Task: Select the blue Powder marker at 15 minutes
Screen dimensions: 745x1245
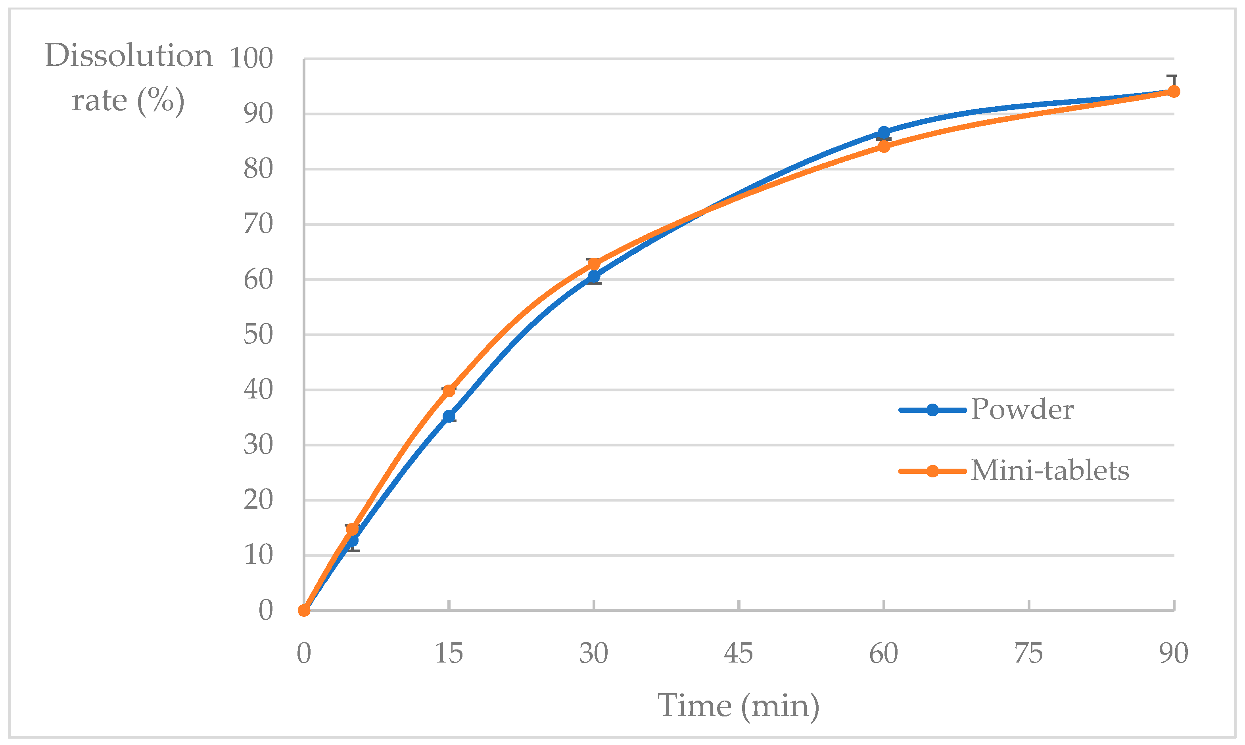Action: (449, 416)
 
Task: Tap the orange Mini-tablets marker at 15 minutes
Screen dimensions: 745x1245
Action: (449, 391)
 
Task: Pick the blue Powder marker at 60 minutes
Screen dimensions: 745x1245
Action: (883, 132)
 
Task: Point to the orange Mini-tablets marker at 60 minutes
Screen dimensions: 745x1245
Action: (883, 147)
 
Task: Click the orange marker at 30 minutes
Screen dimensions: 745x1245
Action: (594, 264)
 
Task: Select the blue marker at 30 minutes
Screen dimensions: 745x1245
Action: (594, 277)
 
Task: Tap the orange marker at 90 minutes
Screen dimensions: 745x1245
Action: (1174, 91)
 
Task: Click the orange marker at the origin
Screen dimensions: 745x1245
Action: (304, 611)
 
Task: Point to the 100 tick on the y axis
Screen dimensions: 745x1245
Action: (251, 58)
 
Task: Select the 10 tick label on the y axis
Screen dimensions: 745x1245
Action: (258, 555)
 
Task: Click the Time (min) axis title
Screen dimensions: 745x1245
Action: (738, 706)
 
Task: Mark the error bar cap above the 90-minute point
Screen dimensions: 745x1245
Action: (1171, 76)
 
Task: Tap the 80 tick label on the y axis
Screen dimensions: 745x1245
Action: (258, 169)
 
